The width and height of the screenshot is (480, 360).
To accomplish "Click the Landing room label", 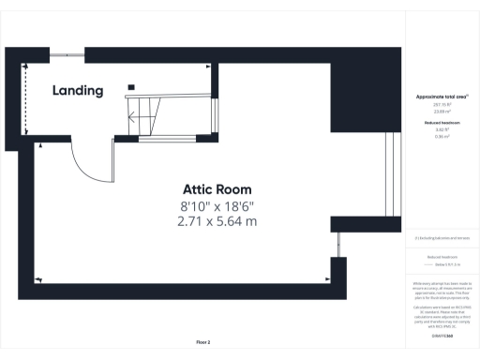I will click(x=78, y=91).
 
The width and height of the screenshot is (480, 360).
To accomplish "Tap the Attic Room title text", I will click(x=217, y=189).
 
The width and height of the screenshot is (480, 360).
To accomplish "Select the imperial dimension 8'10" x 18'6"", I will click(x=217, y=205).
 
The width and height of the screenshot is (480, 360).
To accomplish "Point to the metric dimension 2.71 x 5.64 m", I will click(x=217, y=222).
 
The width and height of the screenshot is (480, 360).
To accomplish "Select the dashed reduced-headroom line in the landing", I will click(x=25, y=101).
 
